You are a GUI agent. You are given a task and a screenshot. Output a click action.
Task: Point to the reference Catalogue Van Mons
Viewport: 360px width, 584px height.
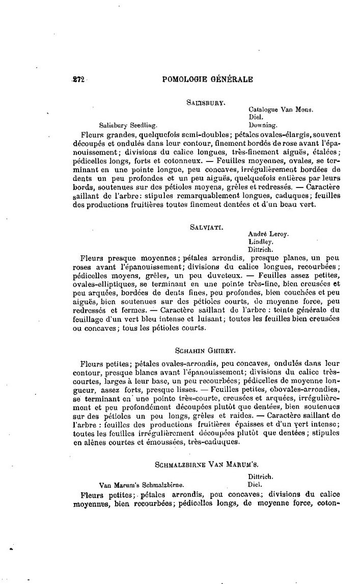tap(281, 110)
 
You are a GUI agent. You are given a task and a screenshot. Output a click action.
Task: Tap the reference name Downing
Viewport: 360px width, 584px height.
tap(262, 124)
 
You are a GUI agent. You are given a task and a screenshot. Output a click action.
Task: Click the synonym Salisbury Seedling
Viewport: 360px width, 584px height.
tap(128, 124)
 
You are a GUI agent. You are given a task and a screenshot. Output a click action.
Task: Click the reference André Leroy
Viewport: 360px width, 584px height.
tap(268, 234)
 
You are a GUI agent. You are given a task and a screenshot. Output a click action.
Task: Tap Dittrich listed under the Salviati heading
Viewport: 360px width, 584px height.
tap(262, 250)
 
